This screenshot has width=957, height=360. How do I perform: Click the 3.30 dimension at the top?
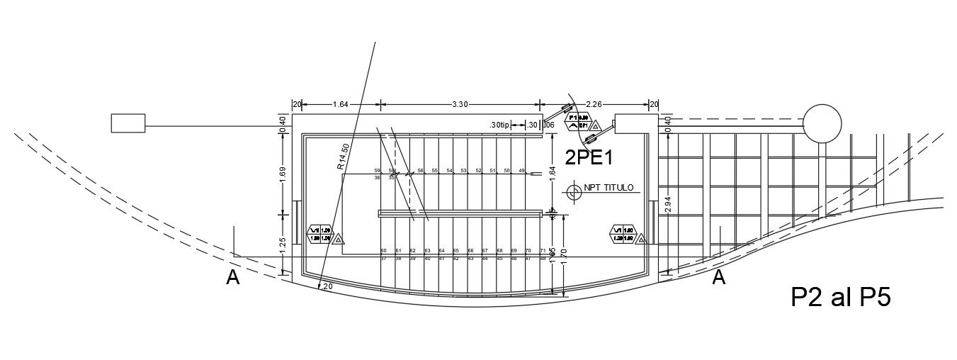[x=460, y=104]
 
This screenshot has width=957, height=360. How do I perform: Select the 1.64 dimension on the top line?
[x=340, y=104]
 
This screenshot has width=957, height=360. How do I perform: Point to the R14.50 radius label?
[x=343, y=157]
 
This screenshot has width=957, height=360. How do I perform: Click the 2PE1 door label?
[x=589, y=157]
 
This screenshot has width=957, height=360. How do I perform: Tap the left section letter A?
[x=232, y=279]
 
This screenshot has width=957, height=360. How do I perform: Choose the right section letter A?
[x=718, y=277]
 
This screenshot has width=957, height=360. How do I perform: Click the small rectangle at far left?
[x=128, y=123]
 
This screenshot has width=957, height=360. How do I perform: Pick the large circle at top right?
[x=822, y=123]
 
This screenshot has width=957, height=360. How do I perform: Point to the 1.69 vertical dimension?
[x=283, y=175]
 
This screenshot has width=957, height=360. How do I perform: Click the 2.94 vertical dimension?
[x=668, y=205]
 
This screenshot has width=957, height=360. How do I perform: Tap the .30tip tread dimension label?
[x=499, y=125]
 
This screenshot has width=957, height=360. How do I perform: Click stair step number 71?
[x=543, y=251]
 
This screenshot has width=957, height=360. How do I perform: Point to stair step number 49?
[x=521, y=171]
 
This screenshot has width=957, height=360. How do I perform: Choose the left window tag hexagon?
[x=319, y=234]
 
